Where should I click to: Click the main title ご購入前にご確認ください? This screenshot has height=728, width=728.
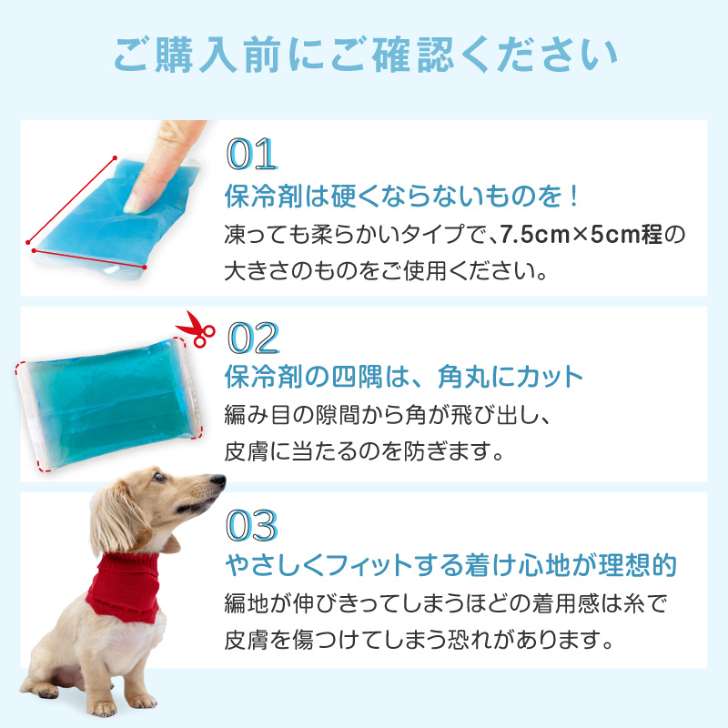point(366,55)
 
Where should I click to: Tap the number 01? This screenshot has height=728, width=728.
point(252,154)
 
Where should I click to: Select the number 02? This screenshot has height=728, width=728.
point(253,338)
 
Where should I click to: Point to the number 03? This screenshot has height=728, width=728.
point(252,525)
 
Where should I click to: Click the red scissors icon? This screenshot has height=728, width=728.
point(196,329)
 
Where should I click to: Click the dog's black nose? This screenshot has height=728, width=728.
point(218,480)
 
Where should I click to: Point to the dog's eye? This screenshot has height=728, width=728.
point(158,477)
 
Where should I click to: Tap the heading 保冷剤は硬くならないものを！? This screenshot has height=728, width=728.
point(401,196)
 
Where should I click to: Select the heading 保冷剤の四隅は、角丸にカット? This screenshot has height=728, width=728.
point(403,377)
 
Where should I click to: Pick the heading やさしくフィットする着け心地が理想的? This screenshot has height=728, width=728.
point(450,565)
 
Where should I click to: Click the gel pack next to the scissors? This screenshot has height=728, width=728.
point(110,404)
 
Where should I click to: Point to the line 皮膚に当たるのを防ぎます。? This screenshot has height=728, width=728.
point(364,451)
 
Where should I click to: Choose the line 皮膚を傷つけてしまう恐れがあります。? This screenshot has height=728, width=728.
point(420,640)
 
